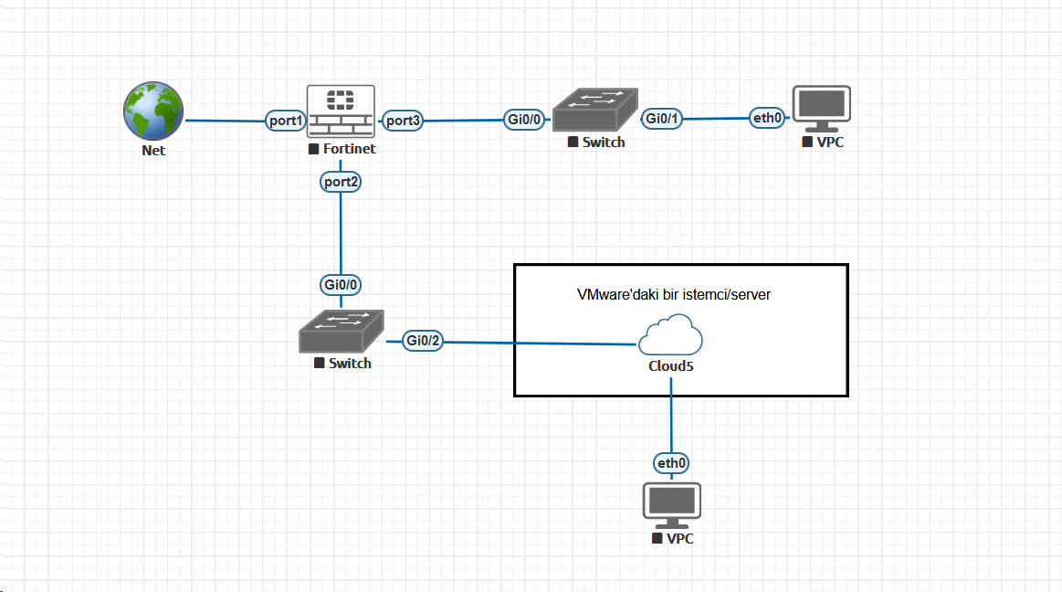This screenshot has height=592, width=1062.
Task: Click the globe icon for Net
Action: [153, 111]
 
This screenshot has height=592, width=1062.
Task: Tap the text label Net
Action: [153, 150]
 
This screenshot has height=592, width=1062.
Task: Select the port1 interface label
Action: [285, 120]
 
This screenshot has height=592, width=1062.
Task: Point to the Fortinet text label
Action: [349, 149]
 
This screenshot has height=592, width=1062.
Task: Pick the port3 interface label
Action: [402, 120]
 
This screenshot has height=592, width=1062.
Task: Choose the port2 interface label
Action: [341, 182]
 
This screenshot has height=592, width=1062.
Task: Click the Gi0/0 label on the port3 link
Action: [526, 119]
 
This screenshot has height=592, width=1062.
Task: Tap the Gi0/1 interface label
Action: [663, 119]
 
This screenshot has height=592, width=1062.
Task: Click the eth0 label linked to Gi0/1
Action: [766, 117]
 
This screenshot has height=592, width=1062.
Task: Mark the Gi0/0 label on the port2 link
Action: [341, 284]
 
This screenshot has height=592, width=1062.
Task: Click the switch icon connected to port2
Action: [342, 331]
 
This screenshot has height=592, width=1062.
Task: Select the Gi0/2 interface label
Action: [424, 341]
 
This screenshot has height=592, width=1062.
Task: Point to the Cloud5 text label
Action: [671, 365]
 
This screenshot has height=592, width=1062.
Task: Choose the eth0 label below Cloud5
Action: [672, 463]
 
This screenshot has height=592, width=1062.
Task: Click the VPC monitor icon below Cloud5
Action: [672, 504]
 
